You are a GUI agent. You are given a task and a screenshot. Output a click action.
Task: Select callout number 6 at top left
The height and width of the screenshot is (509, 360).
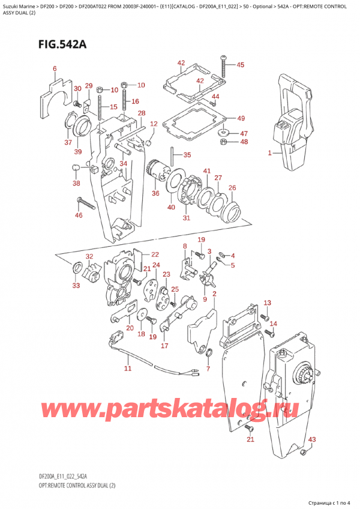click(x=55, y=69)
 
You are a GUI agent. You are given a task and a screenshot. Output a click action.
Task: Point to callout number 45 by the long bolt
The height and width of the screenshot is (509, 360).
click(x=240, y=65)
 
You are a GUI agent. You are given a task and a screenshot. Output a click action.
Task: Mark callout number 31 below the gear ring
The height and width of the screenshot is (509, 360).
click(x=186, y=217)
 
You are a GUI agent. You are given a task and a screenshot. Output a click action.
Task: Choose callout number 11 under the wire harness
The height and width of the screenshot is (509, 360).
click(x=127, y=368)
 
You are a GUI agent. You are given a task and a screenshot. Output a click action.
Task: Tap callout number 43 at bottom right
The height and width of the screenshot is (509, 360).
click(x=310, y=439)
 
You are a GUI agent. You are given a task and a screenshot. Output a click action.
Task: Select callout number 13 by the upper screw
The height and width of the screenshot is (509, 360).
click(x=267, y=303)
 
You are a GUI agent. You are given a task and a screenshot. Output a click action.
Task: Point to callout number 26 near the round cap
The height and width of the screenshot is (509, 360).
click(x=232, y=187)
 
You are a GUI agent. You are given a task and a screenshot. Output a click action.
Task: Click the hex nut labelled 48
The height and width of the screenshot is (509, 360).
click(x=223, y=142)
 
